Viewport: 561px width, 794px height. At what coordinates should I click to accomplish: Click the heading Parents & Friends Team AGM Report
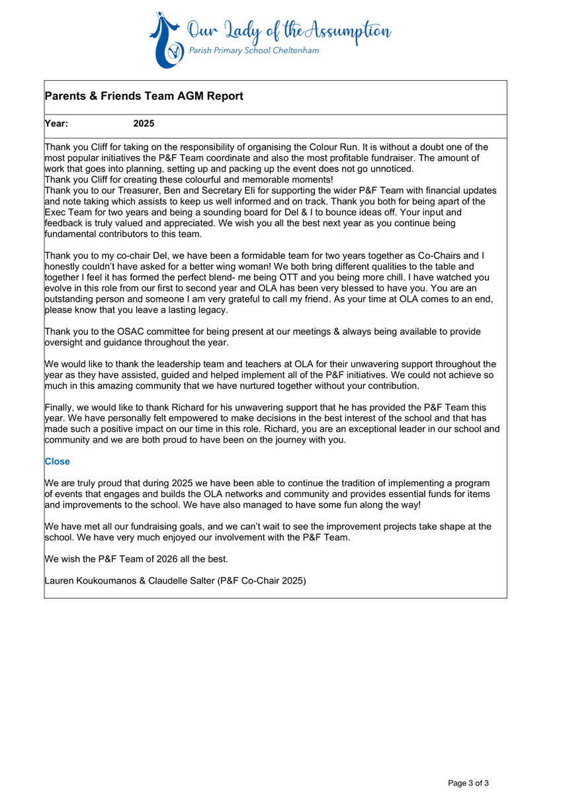pos(144,97)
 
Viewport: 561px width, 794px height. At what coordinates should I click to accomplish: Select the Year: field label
pos(56,124)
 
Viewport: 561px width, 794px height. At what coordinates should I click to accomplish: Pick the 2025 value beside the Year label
pos(144,124)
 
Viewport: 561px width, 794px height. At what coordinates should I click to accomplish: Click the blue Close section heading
pos(57,461)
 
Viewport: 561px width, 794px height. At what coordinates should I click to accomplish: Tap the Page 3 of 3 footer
pos(468,783)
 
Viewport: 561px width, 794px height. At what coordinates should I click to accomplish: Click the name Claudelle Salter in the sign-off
pos(183,581)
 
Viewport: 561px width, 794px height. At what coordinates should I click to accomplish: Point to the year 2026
pos(159,559)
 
